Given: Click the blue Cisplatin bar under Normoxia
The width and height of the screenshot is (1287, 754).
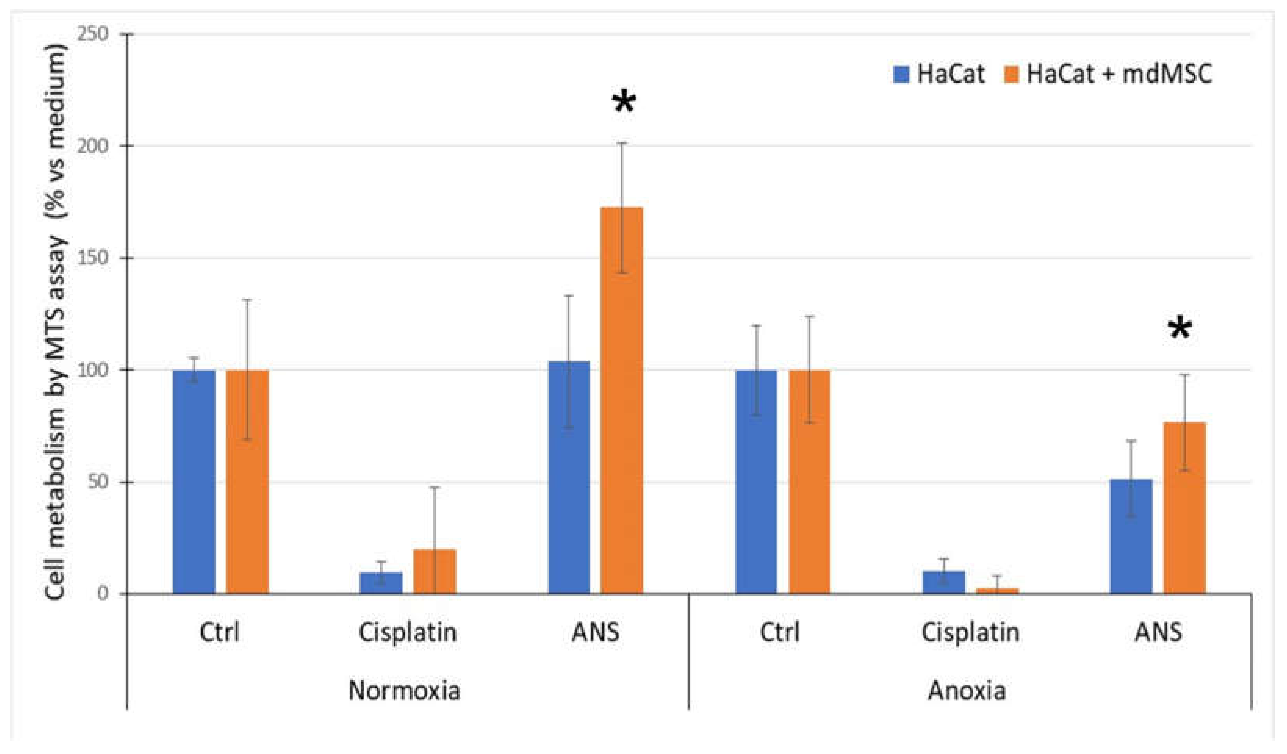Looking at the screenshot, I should coord(381,583).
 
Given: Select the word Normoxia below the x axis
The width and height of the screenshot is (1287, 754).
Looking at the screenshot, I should coord(404,691).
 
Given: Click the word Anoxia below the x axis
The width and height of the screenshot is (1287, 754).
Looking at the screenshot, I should coord(967,691).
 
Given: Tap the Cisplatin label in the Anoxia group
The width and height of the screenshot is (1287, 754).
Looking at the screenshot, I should coord(970,632).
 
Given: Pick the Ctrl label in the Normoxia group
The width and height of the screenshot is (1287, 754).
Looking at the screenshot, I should coord(219,632).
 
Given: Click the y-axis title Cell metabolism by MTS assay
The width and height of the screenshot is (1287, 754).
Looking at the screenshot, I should coord(56,322).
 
